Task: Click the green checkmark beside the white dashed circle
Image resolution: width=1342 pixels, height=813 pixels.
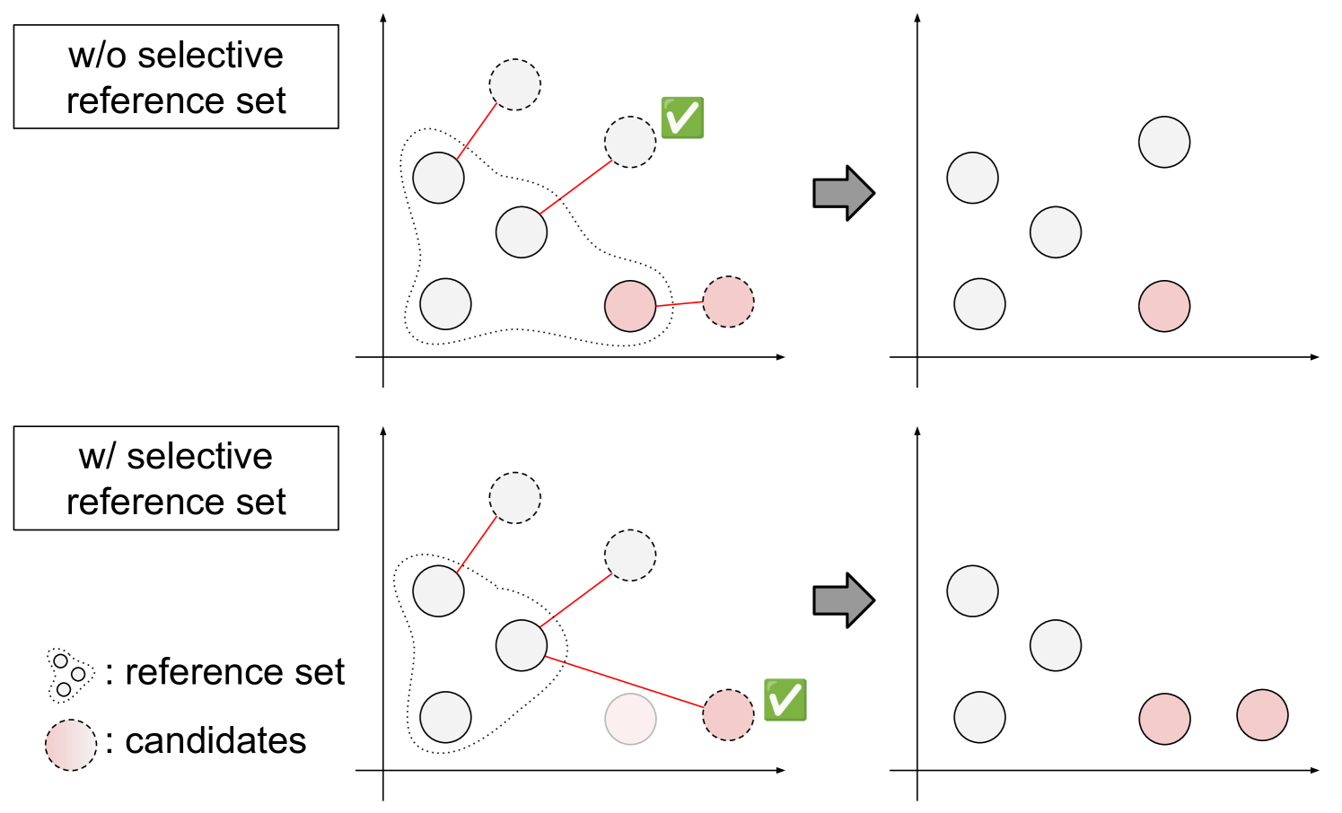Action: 682,118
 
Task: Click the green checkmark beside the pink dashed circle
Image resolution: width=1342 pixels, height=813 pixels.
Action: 785,700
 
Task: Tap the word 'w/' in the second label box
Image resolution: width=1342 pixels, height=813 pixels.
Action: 98,457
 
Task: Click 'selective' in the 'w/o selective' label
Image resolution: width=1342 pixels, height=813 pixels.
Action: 210,56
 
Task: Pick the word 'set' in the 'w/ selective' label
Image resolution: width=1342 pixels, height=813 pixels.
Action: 261,503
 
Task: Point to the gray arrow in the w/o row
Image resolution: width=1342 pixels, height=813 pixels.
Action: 843,193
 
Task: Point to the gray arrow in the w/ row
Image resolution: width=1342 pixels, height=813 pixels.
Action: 843,600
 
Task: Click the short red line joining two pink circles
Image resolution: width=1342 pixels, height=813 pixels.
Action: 679,304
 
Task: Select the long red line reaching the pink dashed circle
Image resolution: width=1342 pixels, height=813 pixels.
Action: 624,683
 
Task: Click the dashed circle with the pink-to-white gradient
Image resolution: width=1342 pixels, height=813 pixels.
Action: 71,745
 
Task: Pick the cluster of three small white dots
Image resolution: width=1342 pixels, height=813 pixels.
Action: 68,675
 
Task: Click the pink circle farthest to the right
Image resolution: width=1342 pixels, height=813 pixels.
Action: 1262,715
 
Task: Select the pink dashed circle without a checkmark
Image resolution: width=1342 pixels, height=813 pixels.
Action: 728,302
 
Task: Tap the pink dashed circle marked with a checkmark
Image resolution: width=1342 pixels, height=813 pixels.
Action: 728,715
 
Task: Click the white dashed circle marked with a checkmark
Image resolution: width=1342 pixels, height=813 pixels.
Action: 630,142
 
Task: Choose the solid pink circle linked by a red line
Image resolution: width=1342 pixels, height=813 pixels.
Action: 630,306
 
